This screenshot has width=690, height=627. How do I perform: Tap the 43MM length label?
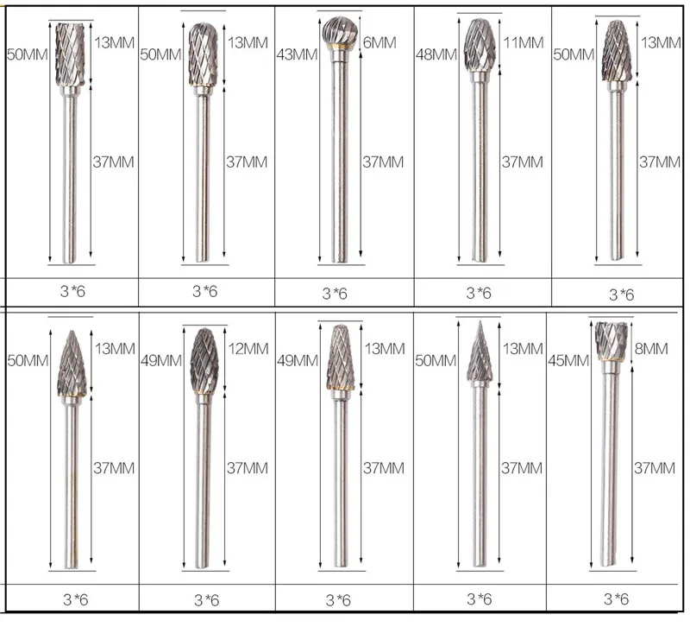tap(297, 54)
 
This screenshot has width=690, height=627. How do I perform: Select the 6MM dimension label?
tap(379, 42)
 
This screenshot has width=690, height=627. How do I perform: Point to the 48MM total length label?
tap(436, 54)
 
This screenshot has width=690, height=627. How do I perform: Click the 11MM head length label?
tap(524, 42)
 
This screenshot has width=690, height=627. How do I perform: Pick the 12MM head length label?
tap(248, 349)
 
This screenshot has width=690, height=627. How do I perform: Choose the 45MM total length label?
tap(568, 361)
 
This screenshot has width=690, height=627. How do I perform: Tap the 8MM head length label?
tap(651, 349)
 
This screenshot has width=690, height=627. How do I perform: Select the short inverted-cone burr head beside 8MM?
tap(612, 341)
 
